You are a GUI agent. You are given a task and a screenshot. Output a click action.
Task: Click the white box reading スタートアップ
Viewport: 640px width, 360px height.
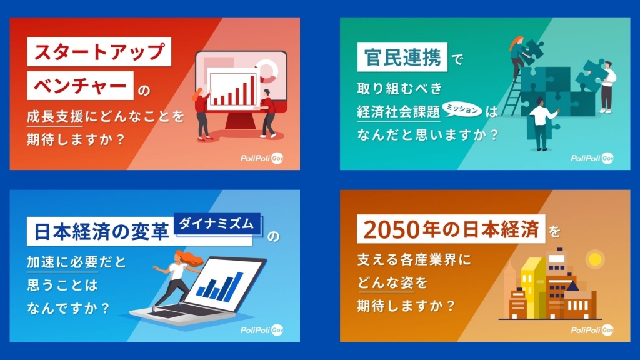(x=99, y=52)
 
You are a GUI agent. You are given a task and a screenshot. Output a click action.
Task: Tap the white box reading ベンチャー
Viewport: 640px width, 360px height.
(x=80, y=86)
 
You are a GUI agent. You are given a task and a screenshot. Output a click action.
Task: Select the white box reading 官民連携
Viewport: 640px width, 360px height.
(x=402, y=57)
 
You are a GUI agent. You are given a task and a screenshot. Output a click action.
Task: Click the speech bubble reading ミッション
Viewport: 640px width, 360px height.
(x=462, y=109)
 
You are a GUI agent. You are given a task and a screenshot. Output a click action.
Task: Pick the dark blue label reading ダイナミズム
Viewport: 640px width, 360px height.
(x=217, y=224)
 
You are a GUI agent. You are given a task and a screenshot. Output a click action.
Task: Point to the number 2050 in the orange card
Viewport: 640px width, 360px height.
(x=392, y=230)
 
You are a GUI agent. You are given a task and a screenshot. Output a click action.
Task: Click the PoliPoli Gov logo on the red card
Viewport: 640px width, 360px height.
(x=262, y=158)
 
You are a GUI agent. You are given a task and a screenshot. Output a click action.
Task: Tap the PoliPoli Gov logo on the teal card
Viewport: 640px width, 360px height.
(x=592, y=158)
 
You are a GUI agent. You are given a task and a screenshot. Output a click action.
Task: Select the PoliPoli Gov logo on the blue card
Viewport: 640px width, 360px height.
(x=262, y=330)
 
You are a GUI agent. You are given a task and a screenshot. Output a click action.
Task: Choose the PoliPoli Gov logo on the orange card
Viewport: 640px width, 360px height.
(x=592, y=330)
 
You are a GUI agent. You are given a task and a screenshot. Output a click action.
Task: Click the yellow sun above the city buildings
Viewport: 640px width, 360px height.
(x=594, y=259)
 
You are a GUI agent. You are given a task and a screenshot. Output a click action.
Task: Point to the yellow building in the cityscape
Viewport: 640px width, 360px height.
(x=532, y=287)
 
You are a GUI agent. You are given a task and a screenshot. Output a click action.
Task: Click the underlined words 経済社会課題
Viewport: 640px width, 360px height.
(x=398, y=112)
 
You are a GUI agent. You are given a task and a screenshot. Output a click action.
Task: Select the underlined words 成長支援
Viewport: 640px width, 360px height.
(x=55, y=117)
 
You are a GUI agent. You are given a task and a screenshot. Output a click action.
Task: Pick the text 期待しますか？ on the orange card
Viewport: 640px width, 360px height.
(x=406, y=305)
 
